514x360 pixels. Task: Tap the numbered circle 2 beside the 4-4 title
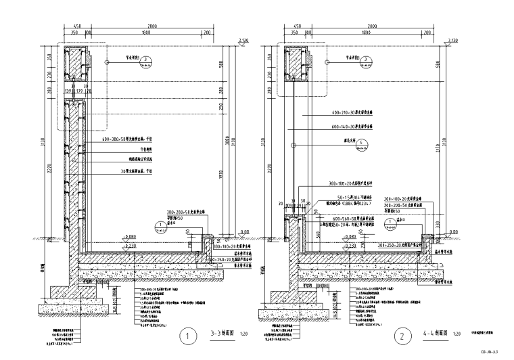pyautogui.click(x=402, y=334)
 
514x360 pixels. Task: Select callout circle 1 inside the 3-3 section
pyautogui.click(x=160, y=226)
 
